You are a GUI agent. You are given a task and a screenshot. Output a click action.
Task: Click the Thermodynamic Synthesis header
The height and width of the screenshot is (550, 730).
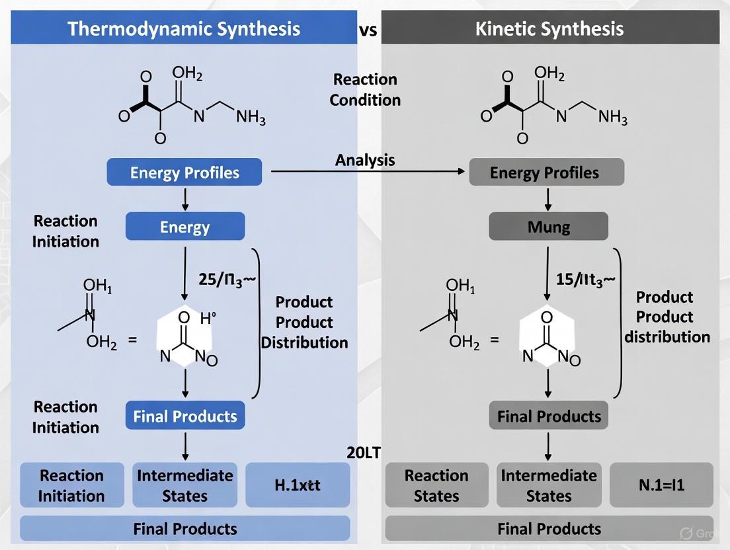(184, 29)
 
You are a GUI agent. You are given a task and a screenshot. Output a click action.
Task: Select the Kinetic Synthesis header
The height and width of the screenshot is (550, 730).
(549, 29)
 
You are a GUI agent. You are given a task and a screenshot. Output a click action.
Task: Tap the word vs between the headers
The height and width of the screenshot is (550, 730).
(368, 30)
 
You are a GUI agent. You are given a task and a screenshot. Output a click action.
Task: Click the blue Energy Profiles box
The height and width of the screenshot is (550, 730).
(184, 173)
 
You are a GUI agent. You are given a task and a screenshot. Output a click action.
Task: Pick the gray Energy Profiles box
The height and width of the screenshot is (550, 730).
(546, 173)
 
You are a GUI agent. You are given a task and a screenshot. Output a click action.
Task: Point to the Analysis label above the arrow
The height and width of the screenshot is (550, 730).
(365, 160)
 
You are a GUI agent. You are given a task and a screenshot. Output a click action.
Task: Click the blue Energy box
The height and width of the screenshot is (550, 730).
(184, 227)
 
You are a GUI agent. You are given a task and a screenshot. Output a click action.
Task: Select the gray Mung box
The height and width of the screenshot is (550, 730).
(548, 227)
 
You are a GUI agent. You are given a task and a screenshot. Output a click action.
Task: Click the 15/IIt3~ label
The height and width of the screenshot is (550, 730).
(585, 279)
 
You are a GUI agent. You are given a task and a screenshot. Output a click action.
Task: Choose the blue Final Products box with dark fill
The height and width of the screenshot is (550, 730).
(184, 416)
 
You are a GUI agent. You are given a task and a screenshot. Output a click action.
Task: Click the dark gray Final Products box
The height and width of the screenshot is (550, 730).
(549, 416)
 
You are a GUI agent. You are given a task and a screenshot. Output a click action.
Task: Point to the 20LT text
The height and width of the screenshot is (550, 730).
(364, 453)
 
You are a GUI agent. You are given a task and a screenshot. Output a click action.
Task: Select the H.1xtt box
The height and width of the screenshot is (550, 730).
(298, 485)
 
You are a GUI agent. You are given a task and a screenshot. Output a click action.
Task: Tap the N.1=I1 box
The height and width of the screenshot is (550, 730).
(661, 485)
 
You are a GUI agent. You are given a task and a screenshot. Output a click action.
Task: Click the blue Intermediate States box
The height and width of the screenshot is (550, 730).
(184, 485)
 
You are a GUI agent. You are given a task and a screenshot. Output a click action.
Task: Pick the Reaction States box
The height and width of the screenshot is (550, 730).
(436, 485)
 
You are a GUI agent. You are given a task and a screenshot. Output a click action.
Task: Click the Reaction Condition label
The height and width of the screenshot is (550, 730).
(365, 89)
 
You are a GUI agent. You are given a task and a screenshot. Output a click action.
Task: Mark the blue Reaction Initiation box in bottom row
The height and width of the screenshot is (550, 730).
(71, 485)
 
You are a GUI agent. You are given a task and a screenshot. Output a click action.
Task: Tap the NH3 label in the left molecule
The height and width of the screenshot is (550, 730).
(251, 118)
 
